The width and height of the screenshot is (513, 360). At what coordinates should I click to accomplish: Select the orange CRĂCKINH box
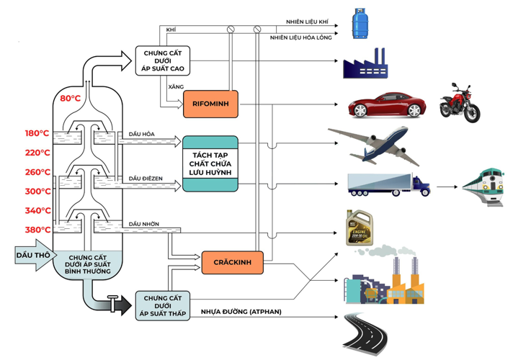[231, 262]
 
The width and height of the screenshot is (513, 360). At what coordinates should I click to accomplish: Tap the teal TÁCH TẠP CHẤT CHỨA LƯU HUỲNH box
[210, 163]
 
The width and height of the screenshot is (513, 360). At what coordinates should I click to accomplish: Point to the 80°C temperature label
[70, 98]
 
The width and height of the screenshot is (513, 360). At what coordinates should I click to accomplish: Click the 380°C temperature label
[37, 230]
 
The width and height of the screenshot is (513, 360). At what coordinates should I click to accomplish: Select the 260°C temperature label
[37, 172]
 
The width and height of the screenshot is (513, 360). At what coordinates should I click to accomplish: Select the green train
[482, 189]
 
